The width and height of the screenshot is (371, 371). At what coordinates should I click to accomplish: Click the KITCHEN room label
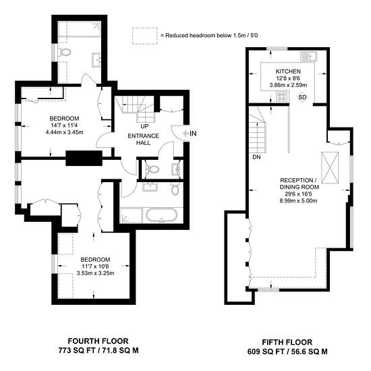(288, 72)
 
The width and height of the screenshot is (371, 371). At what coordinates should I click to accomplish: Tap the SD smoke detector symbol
(302, 97)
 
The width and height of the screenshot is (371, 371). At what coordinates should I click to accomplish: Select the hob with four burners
(281, 96)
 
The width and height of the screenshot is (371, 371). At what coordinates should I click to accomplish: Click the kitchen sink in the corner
(308, 56)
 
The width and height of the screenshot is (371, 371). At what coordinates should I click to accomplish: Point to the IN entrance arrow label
(190, 134)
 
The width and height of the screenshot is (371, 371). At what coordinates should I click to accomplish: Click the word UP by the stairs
(144, 126)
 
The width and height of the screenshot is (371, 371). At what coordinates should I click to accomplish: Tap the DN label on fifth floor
(256, 157)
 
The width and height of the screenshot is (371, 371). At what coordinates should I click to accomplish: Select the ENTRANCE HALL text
(143, 140)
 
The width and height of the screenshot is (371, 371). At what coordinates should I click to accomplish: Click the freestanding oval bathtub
(162, 215)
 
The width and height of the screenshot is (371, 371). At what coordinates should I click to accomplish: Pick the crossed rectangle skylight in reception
(330, 167)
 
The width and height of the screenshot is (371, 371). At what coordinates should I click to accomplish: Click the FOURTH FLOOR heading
(98, 341)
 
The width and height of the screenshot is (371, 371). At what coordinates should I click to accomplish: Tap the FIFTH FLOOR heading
(287, 342)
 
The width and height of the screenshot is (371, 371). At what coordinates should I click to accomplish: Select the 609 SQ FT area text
(266, 351)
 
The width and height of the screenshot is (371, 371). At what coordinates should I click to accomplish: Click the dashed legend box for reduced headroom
(144, 36)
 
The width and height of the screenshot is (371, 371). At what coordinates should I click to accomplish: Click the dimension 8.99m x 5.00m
(298, 201)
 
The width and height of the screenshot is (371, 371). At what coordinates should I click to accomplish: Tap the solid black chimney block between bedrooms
(84, 158)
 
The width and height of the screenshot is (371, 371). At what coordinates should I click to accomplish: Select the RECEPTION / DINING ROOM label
(299, 183)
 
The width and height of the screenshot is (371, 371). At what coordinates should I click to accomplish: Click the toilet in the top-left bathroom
(64, 52)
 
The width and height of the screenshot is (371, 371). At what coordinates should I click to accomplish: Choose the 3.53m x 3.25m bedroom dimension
(95, 273)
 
